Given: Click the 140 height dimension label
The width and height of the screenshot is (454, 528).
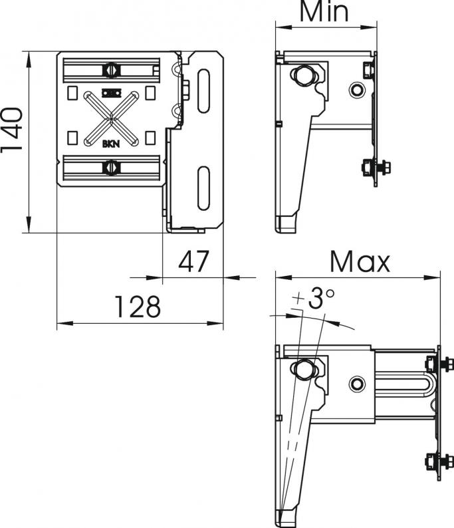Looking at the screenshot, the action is (12, 130).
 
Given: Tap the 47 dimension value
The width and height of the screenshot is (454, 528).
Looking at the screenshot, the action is (193, 261).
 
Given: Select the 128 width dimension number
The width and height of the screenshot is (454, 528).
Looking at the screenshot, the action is (138, 307).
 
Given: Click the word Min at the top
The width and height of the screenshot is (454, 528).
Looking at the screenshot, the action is (324, 11).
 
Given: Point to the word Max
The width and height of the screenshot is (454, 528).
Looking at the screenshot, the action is (360, 261).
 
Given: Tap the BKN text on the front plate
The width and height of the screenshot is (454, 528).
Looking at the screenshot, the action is (111, 144).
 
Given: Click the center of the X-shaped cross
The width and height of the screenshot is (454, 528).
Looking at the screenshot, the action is (111, 118).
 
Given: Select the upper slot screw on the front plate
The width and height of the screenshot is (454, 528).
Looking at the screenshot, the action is (111, 70).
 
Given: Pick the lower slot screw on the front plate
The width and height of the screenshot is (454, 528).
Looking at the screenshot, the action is (111, 168).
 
